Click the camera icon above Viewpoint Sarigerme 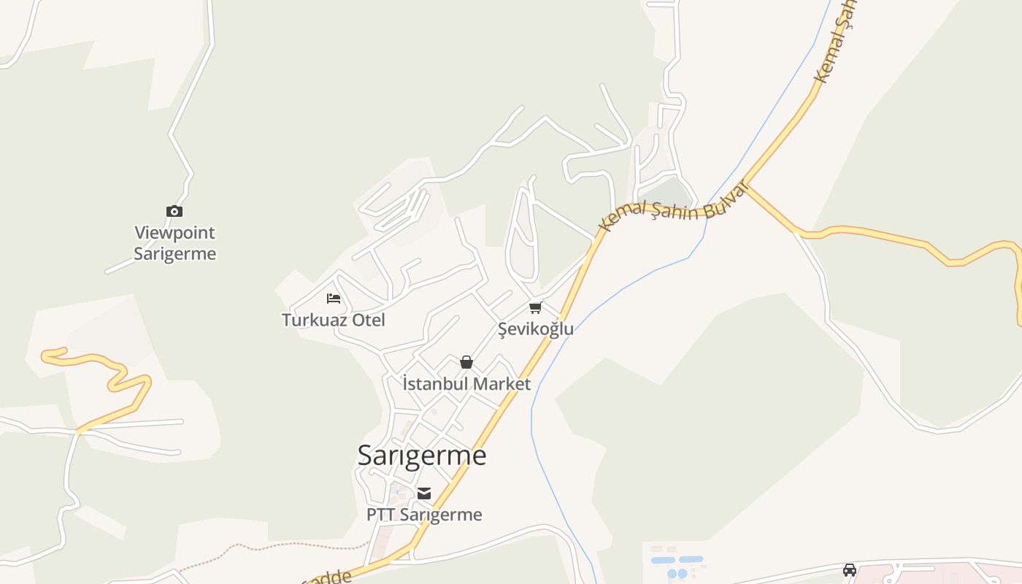[x=174, y=211]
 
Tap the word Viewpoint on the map [x=174, y=233]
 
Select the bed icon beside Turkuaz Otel [x=334, y=298]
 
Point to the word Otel [x=369, y=320]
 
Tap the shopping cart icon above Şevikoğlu [x=536, y=307]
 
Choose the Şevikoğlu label [x=536, y=328]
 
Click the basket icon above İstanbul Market [x=466, y=362]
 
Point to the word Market [x=501, y=383]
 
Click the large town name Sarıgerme [x=421, y=455]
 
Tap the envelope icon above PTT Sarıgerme [x=424, y=493]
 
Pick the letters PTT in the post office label [x=380, y=515]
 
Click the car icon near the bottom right [x=849, y=569]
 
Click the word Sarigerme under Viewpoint [x=174, y=254]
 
